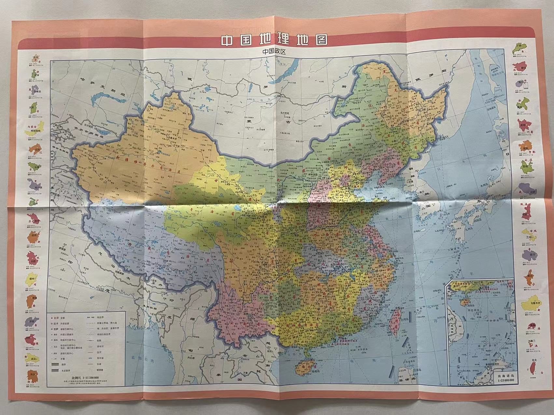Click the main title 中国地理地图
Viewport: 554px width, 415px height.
[274, 40]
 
